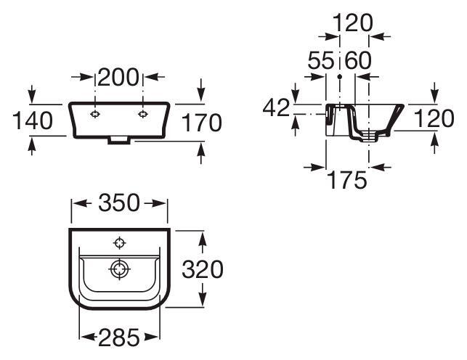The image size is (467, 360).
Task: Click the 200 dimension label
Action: [118, 77]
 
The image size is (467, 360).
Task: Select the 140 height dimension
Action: [33, 120]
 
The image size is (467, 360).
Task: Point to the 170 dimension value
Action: [202, 122]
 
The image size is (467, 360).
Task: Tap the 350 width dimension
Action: [119, 202]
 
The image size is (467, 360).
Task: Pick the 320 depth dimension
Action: [203, 269]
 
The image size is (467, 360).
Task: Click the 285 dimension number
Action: [119, 337]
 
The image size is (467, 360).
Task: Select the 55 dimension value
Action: [321, 60]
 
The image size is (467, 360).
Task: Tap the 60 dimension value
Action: [358, 60]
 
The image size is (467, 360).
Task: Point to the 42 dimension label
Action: [276, 107]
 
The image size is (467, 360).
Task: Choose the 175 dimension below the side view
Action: [347, 180]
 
